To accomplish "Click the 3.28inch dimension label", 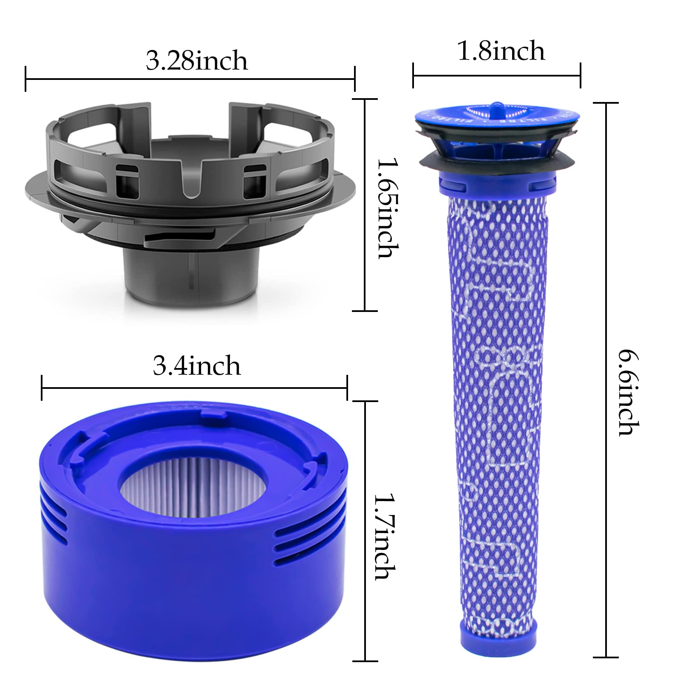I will coord(196,61).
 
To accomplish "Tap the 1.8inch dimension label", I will coord(501,51).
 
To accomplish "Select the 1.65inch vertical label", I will coord(388,208).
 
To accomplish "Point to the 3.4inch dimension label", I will coord(196,366).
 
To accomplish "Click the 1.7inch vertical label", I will coord(385,536).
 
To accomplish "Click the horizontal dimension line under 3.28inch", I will coord(190,79).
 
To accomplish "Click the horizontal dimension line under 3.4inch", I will coord(194,388).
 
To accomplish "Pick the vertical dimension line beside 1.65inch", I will coord(365,205).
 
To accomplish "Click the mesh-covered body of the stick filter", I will coord(498,404).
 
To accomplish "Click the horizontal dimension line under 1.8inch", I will coord(496,76).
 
